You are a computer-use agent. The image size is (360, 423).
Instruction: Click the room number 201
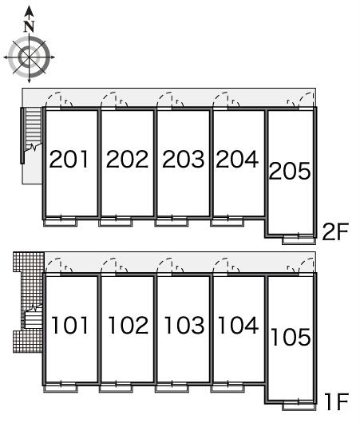(x=69, y=159)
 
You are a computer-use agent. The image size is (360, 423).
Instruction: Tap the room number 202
(x=128, y=159)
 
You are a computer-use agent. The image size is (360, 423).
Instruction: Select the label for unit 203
(x=184, y=159)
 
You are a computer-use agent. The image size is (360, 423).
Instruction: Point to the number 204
(x=238, y=159)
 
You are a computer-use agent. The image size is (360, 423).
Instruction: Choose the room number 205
(x=290, y=171)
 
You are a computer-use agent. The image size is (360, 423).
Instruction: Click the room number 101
(x=69, y=326)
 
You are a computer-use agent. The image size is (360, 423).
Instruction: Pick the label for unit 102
(x=129, y=326)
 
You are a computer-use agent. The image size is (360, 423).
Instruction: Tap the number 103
(x=184, y=326)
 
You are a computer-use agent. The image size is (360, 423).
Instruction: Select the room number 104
(x=239, y=326)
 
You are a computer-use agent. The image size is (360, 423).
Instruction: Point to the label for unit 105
(x=291, y=337)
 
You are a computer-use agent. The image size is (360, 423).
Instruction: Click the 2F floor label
(x=335, y=231)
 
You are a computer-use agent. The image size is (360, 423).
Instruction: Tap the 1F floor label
(x=337, y=402)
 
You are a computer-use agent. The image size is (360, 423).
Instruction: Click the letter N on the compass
(x=30, y=26)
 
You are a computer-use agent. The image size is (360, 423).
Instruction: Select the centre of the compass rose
(x=30, y=57)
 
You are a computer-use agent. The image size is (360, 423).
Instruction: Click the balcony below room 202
(x=116, y=223)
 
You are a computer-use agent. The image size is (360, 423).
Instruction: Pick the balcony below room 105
(x=299, y=406)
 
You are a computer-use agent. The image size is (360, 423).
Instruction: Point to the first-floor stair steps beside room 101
(x=34, y=320)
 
